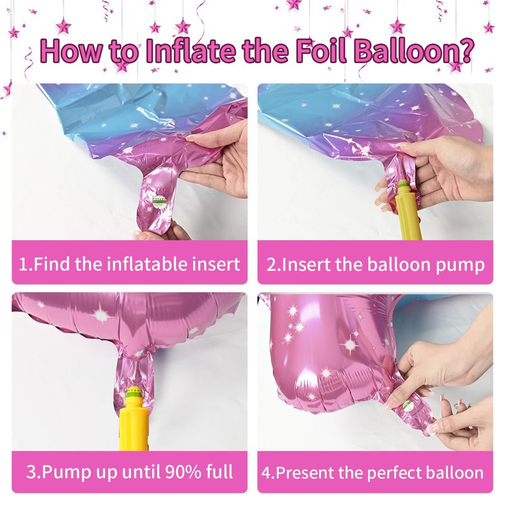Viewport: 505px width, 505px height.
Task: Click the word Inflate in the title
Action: point(191,50)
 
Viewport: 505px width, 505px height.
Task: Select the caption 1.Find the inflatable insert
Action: point(129,264)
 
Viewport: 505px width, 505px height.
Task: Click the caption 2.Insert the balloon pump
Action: point(375,264)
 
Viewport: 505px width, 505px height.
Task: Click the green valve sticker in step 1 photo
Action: point(158,202)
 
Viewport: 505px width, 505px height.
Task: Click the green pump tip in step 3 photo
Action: point(133,393)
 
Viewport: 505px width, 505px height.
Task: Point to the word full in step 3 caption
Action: point(219,472)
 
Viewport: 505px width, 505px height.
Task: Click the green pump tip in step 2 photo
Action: point(403,185)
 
